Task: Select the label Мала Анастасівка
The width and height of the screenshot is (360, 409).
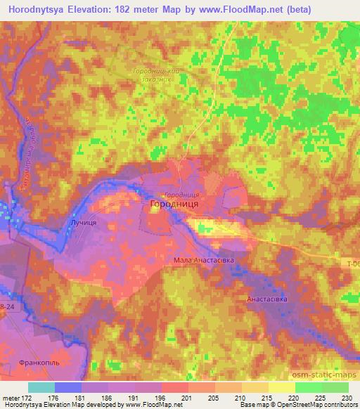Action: (204, 260)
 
